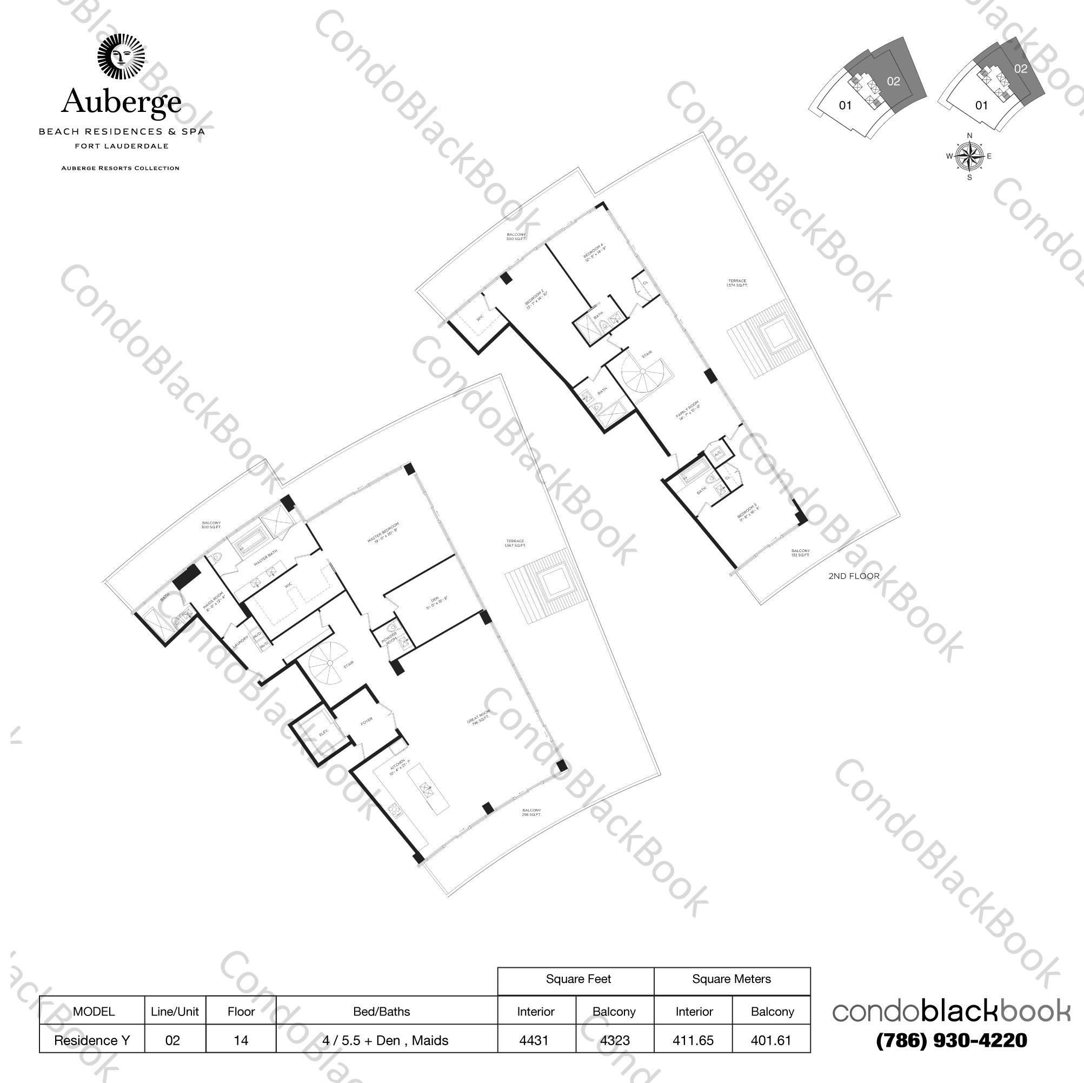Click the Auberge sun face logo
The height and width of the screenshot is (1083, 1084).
121,57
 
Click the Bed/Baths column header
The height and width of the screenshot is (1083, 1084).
382,1011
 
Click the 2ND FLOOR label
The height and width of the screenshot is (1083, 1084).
853,576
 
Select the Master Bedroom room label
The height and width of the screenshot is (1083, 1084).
383,533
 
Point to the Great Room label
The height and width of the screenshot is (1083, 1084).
478,719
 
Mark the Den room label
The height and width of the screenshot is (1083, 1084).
436,603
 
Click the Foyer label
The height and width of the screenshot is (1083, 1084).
367,721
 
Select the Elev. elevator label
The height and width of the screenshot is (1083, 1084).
324,733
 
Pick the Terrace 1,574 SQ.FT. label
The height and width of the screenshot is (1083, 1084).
737,283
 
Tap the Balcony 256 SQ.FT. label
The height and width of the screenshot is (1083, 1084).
531,812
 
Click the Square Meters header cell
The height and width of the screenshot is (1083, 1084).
731,979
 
